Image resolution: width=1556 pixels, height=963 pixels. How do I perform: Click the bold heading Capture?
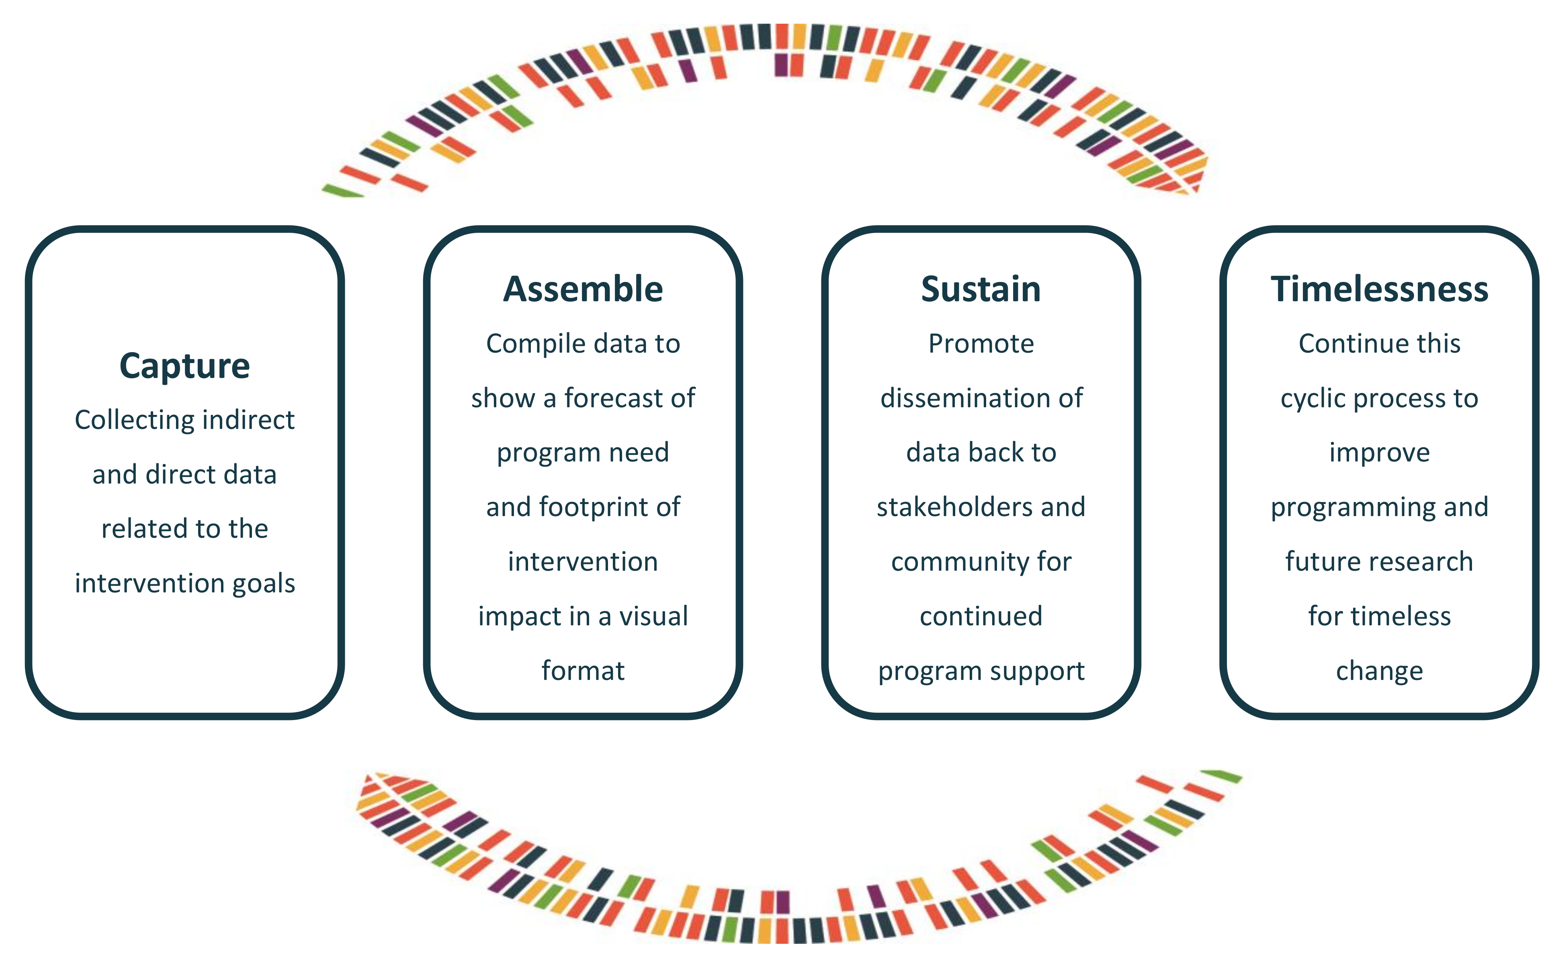[185, 366]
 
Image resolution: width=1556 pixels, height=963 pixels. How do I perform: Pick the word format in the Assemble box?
[583, 671]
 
